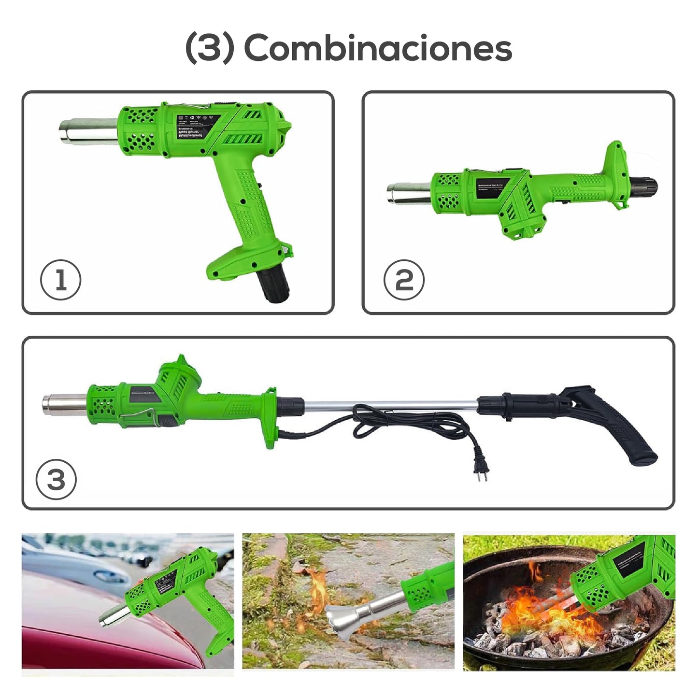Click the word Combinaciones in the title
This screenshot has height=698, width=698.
378,48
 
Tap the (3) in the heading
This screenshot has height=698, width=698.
210,48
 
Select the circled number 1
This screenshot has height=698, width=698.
60,280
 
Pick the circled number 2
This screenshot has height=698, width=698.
404,280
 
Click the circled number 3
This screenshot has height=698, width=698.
56,479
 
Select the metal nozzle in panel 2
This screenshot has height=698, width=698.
409,193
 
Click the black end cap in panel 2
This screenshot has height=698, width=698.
644,185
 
